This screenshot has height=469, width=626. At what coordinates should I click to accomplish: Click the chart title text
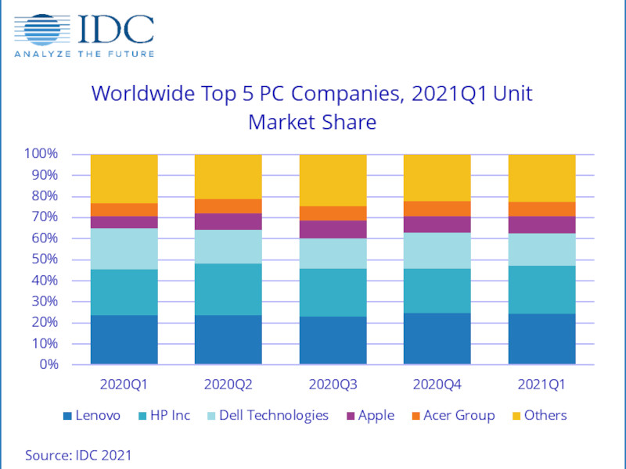click(312, 108)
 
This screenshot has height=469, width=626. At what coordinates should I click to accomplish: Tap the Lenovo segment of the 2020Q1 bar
click(124, 340)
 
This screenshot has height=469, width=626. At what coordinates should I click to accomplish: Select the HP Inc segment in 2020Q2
click(228, 289)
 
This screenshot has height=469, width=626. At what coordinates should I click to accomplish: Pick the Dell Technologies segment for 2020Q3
click(333, 253)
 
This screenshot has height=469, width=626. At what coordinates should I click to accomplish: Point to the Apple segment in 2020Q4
click(437, 224)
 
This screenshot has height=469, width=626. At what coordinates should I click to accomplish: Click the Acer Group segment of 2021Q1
click(541, 209)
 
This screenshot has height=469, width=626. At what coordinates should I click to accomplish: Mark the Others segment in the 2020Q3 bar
click(333, 180)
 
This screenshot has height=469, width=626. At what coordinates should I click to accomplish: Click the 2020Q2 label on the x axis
click(228, 385)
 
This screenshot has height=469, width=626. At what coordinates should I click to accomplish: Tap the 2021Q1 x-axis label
click(541, 385)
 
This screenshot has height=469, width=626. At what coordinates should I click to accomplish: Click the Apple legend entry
click(369, 416)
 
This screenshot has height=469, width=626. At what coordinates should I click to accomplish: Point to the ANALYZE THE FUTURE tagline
click(84, 54)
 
